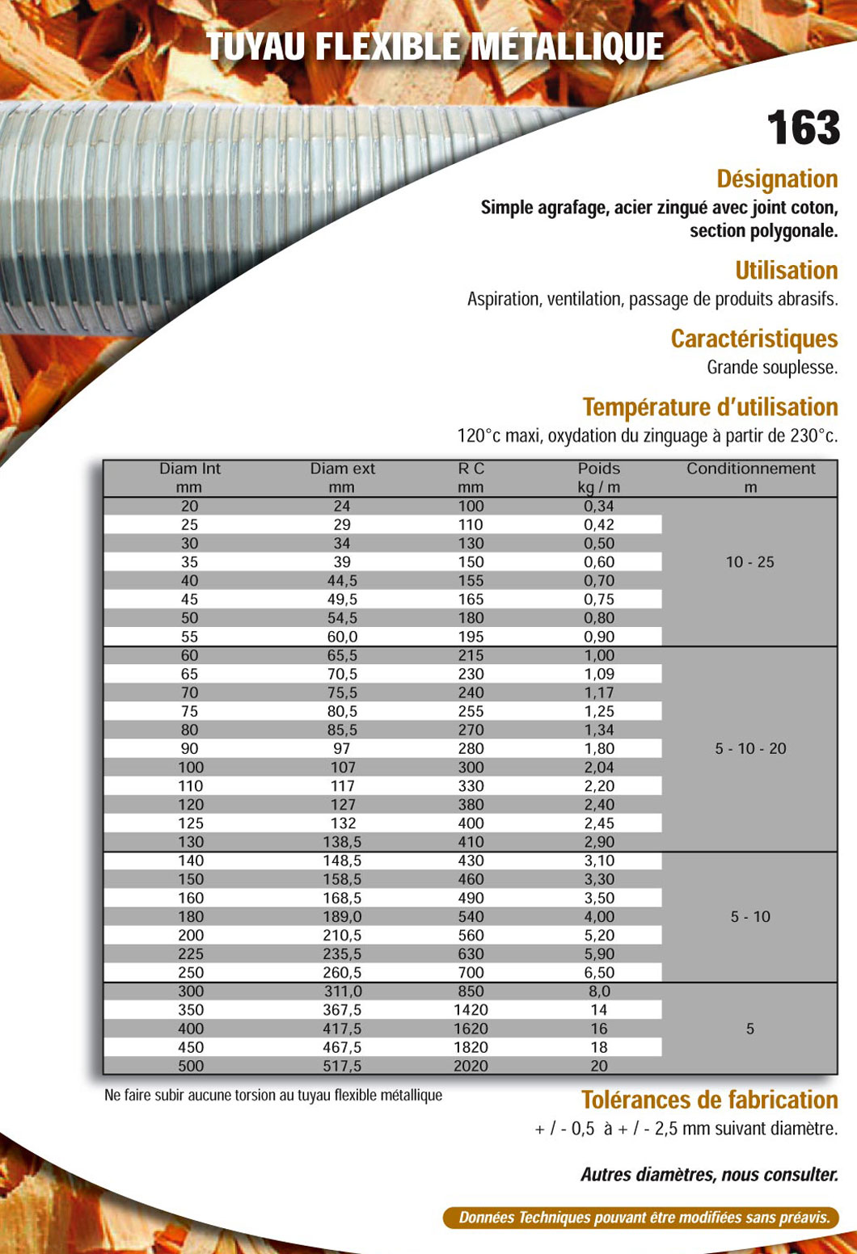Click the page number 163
pyautogui.click(x=803, y=128)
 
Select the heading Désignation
pyautogui.click(x=777, y=179)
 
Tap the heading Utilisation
pyautogui.click(x=786, y=270)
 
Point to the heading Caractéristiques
pyautogui.click(x=754, y=339)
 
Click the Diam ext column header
pyautogui.click(x=342, y=478)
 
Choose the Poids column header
pyautogui.click(x=598, y=478)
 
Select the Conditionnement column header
pyautogui.click(x=750, y=478)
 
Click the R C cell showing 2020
pyautogui.click(x=471, y=1066)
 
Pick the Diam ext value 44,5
pyautogui.click(x=342, y=581)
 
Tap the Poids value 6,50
pyautogui.click(x=599, y=973)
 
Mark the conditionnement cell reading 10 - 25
pyautogui.click(x=749, y=562)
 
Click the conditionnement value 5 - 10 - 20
pyautogui.click(x=750, y=749)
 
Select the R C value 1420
pyautogui.click(x=471, y=1010)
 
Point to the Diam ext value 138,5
pyautogui.click(x=342, y=842)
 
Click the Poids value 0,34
pyautogui.click(x=599, y=507)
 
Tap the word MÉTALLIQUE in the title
pyautogui.click(x=567, y=47)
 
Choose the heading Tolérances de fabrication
pyautogui.click(x=709, y=1100)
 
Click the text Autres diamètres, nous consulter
pyautogui.click(x=709, y=1175)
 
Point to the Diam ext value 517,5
pyautogui.click(x=342, y=1066)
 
